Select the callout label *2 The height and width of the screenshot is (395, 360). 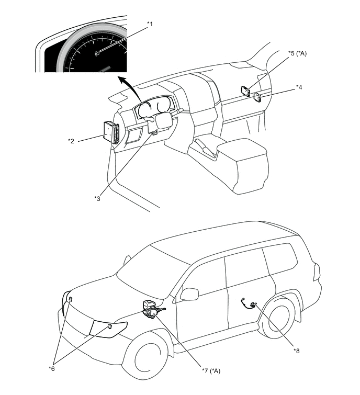(72, 140)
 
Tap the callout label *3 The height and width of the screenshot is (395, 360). (97, 198)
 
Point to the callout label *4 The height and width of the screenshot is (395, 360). (299, 87)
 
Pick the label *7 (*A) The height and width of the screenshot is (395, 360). (211, 370)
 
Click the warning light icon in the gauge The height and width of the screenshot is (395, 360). (97, 53)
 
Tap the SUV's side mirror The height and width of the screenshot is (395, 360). (189, 294)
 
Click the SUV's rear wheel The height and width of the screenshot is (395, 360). (279, 320)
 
